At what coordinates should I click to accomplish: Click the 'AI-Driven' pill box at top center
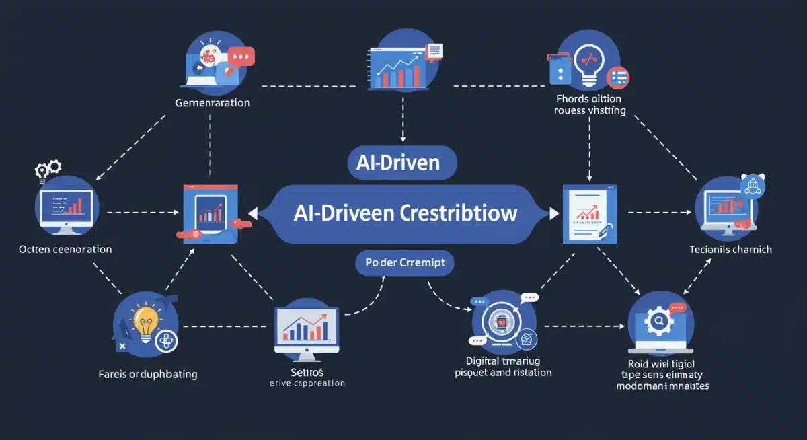(x=402, y=163)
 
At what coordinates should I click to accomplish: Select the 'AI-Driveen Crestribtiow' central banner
(x=405, y=213)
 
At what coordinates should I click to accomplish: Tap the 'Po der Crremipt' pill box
(x=404, y=262)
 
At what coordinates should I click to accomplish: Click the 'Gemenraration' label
(x=212, y=103)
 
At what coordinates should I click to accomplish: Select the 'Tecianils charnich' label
(x=730, y=249)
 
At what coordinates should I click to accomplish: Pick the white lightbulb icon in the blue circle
(x=589, y=65)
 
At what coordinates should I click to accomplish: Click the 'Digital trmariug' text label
(x=503, y=361)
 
